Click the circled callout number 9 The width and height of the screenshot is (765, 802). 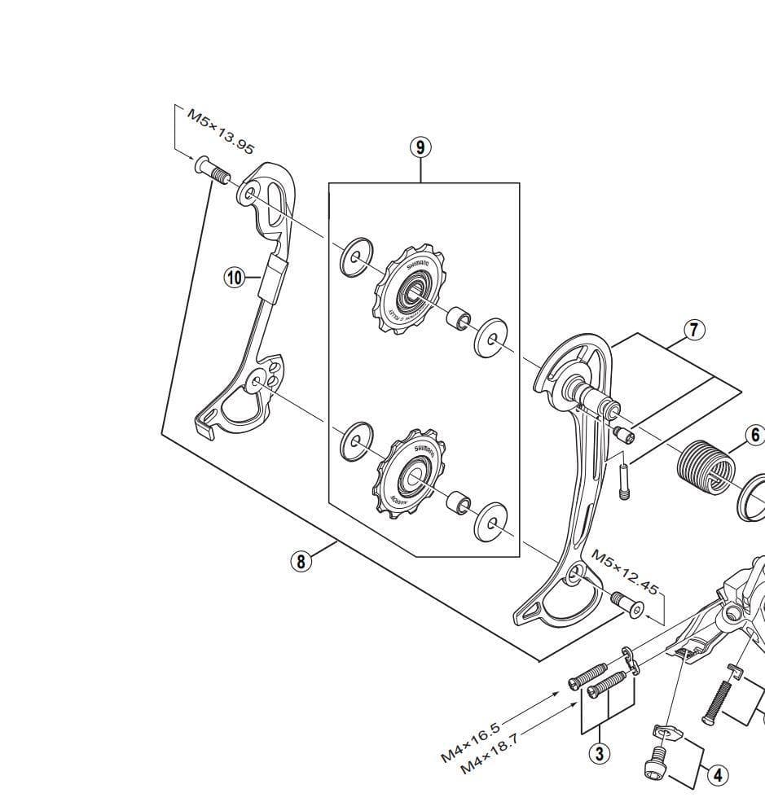coord(420,147)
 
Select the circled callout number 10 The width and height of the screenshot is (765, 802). coord(235,278)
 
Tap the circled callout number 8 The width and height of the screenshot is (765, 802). coord(301,561)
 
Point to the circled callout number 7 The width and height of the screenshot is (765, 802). coord(693,330)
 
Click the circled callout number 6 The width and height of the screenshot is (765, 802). coord(754,436)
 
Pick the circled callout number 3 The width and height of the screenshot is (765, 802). coord(600,754)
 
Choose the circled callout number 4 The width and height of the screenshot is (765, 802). coord(717,775)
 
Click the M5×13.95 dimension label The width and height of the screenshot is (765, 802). coord(221,130)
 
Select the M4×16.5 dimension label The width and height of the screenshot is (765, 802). coord(470,738)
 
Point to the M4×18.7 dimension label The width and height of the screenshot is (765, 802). coord(489,755)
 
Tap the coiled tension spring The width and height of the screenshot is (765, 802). coord(706,468)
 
